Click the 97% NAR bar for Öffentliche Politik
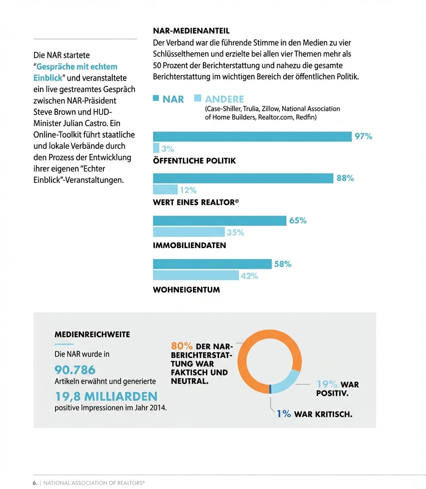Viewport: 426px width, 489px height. pyautogui.click(x=252, y=136)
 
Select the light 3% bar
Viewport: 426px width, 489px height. pyautogui.click(x=156, y=148)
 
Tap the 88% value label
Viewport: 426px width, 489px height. pyautogui.click(x=345, y=178)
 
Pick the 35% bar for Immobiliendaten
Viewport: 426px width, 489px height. pyautogui.click(x=189, y=232)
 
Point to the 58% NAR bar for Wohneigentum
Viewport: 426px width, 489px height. pyautogui.click(x=212, y=264)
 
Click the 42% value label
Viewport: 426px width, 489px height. pyautogui.click(x=249, y=276)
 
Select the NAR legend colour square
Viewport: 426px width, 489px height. pyautogui.click(x=156, y=98)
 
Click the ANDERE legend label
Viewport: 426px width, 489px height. pyautogui.click(x=224, y=99)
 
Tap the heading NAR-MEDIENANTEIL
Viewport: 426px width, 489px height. pyautogui.click(x=191, y=31)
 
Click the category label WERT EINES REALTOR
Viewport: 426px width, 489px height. pyautogui.click(x=196, y=202)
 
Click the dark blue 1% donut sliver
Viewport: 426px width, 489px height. pyautogui.click(x=270, y=389)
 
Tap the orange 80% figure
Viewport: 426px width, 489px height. pyautogui.click(x=181, y=346)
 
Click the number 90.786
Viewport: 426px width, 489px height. pyautogui.click(x=75, y=369)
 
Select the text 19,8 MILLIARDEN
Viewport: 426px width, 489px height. pyautogui.click(x=106, y=396)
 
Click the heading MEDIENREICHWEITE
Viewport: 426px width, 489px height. pyautogui.click(x=92, y=334)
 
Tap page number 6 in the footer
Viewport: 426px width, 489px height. pyautogui.click(x=34, y=482)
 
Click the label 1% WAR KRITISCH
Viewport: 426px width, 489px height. pyautogui.click(x=314, y=414)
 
